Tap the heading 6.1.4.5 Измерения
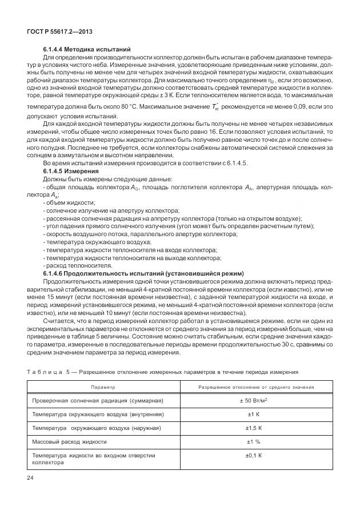tap(71, 171)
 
